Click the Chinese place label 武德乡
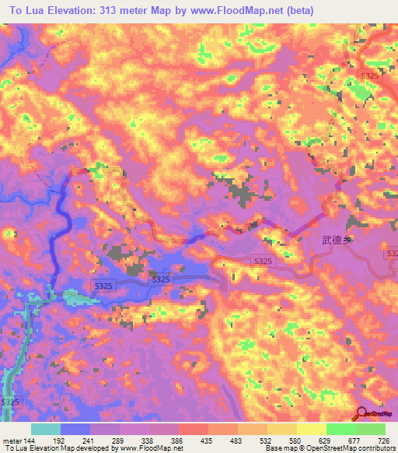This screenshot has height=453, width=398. (x=337, y=241)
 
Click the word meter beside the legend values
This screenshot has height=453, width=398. (x=12, y=440)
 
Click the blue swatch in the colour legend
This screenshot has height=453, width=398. (x=75, y=429)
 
